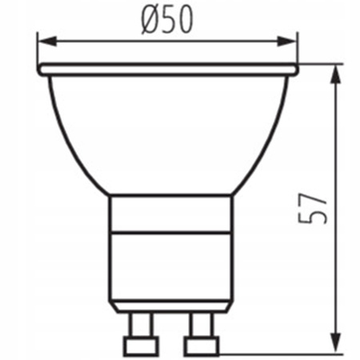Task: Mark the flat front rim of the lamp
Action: pyautogui.click(x=167, y=70)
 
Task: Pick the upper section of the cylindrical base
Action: pyautogui.click(x=170, y=214)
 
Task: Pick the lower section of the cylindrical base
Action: pyautogui.click(x=170, y=268)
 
